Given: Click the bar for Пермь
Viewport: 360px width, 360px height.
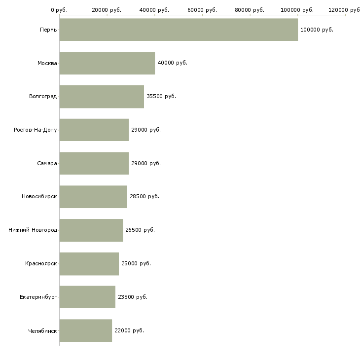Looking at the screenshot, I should (x=179, y=30).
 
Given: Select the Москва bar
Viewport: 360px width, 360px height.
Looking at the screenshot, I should (x=107, y=63).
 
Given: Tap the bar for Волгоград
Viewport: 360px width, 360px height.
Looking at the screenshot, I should (x=102, y=97).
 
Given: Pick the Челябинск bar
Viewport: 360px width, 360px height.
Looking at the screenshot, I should (x=86, y=330).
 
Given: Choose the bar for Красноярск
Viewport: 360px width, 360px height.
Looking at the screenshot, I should (x=89, y=263).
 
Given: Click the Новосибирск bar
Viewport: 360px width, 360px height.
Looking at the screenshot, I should (x=93, y=197).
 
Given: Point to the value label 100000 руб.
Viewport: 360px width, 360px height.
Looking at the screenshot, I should (x=317, y=30).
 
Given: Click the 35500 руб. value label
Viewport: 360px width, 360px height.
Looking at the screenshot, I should (x=161, y=97).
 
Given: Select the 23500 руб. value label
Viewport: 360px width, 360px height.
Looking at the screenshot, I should (x=133, y=297).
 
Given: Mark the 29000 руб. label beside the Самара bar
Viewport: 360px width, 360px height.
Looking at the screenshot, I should (x=146, y=163).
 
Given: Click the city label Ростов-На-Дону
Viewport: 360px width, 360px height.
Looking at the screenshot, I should (x=36, y=130).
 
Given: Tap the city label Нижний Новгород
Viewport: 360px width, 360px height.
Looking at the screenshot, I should (x=33, y=230).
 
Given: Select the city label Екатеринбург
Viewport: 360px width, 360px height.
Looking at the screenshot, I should (x=38, y=297).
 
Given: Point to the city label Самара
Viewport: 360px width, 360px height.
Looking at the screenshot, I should (x=47, y=163).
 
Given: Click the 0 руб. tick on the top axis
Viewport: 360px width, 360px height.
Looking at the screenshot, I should (x=59, y=10).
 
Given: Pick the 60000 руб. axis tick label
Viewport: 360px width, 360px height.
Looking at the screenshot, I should (x=202, y=10).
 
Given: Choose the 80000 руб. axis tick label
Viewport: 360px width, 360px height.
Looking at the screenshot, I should (x=250, y=10).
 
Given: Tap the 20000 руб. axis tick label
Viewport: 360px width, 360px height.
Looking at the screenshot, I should (x=107, y=10).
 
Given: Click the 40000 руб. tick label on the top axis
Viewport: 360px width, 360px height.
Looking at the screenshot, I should (x=155, y=10).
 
